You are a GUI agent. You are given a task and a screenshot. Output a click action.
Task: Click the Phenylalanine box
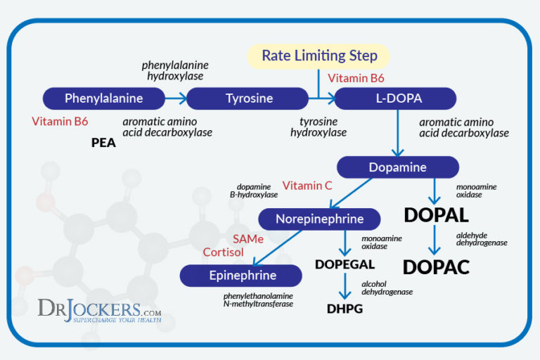tap(103, 98)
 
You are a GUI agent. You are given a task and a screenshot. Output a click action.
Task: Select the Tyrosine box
tap(248, 98)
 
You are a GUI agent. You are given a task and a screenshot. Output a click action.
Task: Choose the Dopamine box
tap(397, 167)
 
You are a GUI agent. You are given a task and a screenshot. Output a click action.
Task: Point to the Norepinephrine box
tap(319, 219)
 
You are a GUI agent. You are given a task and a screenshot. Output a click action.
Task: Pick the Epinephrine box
tap(241, 276)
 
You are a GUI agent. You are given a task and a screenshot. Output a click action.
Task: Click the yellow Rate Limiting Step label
tap(319, 56)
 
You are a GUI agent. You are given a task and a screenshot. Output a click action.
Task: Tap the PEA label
tap(103, 143)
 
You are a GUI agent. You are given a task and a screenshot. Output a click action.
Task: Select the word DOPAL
tap(436, 215)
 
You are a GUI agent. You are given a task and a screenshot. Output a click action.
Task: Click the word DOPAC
tap(436, 267)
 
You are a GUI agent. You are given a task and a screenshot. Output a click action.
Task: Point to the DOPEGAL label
tap(345, 265)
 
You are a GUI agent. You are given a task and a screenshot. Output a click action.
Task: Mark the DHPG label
tap(345, 308)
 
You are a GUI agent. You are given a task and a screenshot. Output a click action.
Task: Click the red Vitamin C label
tap(307, 186)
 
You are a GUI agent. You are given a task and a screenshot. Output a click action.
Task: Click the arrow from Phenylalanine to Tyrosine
tap(175, 98)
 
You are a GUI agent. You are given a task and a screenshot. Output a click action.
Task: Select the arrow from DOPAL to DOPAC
tap(436, 240)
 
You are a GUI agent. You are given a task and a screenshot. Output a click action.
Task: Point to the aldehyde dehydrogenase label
tap(482, 238)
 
